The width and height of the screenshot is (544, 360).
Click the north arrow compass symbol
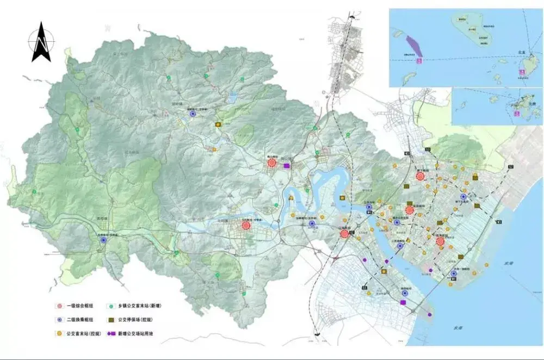[41, 42]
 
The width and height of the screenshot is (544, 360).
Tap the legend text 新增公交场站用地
[135, 333]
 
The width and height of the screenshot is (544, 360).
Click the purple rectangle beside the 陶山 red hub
[287, 166]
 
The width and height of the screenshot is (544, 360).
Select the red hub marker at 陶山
[271, 163]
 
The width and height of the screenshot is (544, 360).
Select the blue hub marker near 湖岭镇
[192, 114]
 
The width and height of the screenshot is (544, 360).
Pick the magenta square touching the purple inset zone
[418, 61]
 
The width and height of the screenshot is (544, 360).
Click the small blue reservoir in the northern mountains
[233, 98]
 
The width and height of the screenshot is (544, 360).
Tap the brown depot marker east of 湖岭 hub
[218, 125]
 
